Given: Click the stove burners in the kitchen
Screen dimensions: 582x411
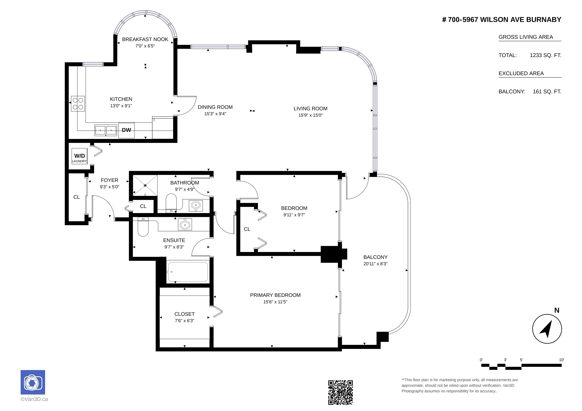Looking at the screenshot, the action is coord(78,104).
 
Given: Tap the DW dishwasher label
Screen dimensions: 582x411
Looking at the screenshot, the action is coord(127,130).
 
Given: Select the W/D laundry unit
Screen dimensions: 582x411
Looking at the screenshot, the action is coord(80,156).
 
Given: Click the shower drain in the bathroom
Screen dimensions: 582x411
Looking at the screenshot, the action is coord(145,186).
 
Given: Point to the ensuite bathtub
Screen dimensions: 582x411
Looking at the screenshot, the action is coord(188,272).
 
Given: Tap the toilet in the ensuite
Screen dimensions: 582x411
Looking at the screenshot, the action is coord(143,227).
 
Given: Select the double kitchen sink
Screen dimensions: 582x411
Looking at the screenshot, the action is coord(106,130).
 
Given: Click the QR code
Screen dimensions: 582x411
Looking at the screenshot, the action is coord(340,392).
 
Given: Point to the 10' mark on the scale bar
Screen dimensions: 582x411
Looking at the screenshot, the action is coord(562,360).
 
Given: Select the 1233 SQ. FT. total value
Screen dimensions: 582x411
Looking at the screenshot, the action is coord(545,55).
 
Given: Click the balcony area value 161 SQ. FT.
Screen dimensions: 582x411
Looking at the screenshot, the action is coord(547,92).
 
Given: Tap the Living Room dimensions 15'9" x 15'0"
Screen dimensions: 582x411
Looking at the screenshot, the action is coord(311,115).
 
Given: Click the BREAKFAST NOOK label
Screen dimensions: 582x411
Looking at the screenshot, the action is coord(145,39).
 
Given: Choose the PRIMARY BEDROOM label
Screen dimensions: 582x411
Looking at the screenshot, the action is coord(275,295).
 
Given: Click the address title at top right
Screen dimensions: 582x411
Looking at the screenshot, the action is coord(502,20).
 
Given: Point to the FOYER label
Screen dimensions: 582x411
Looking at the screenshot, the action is coord(110,180).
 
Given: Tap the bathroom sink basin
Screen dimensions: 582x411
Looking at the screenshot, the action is coord(196,205).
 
